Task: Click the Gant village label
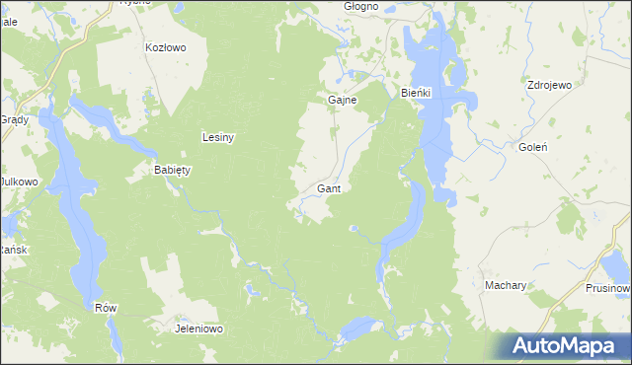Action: (330, 187)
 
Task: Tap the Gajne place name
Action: (342, 100)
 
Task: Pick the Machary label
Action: (505, 285)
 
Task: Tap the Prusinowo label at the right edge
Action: (607, 288)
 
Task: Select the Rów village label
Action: (106, 307)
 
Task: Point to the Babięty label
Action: (172, 170)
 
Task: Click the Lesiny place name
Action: (217, 137)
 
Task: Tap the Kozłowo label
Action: (165, 46)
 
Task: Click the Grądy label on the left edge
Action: (13, 118)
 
